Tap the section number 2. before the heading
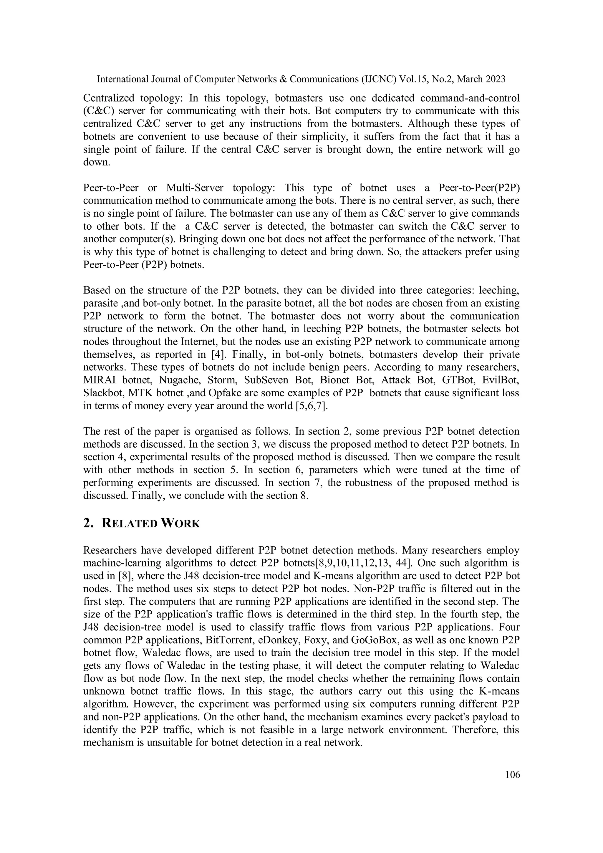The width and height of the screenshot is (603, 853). point(88,524)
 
